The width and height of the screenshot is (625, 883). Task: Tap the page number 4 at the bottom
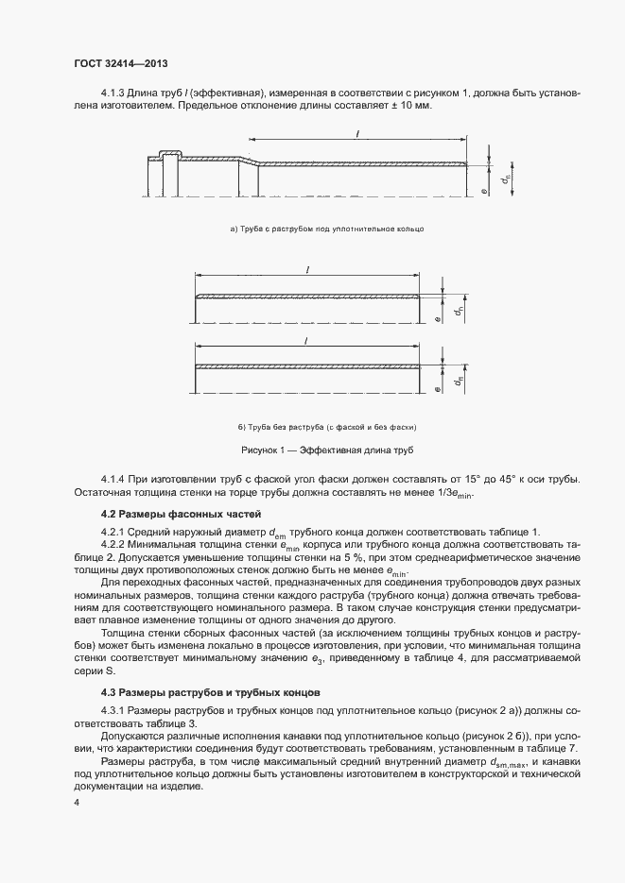[78, 803]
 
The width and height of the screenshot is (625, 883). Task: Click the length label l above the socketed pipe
[357, 136]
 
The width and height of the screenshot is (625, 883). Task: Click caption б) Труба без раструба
[327, 427]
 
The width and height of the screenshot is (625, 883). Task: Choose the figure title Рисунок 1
[327, 450]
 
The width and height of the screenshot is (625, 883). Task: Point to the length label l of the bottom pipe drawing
[308, 341]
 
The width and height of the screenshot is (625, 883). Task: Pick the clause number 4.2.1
[115, 533]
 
